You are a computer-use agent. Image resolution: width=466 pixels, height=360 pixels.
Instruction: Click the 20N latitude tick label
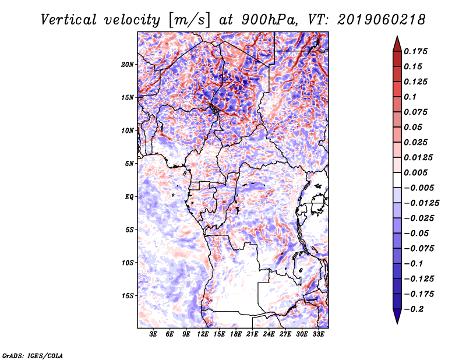[x=128, y=65]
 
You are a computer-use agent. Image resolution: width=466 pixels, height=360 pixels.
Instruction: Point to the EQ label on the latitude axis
[x=129, y=197]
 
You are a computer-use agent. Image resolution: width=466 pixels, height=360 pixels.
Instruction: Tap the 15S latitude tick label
[x=128, y=296]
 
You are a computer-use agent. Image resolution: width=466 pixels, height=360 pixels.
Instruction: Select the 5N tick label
[x=129, y=164]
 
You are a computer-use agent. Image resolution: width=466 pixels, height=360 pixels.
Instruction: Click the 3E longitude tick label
[x=153, y=334]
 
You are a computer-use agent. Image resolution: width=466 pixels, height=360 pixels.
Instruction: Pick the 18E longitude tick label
[x=236, y=334]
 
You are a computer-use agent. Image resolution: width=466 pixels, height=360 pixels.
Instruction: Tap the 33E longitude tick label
[x=318, y=334]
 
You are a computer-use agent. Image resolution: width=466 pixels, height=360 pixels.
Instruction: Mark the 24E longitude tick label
[x=269, y=334]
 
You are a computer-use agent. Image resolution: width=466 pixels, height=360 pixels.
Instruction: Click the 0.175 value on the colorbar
[x=415, y=51]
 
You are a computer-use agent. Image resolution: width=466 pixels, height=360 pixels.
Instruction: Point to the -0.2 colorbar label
[x=414, y=309]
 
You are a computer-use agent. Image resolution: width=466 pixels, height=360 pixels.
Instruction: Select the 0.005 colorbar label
[x=415, y=172]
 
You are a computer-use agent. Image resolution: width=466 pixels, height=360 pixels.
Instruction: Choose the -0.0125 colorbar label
[x=421, y=203]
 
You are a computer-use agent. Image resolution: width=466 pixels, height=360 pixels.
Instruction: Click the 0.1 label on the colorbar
[x=410, y=97]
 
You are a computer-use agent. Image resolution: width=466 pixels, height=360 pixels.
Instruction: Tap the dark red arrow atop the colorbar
[x=397, y=44]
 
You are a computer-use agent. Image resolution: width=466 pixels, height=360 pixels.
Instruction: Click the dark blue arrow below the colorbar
[x=397, y=316]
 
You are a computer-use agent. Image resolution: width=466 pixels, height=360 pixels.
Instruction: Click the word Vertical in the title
[x=69, y=20]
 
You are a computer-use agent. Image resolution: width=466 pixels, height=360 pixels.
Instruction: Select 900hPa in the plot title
[x=269, y=20]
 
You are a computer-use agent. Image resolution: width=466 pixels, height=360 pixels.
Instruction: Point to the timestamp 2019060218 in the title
[x=382, y=20]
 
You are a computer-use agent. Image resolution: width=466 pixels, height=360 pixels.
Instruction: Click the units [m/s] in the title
[x=190, y=20]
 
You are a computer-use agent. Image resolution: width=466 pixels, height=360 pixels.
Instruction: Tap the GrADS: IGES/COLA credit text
[x=33, y=355]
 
